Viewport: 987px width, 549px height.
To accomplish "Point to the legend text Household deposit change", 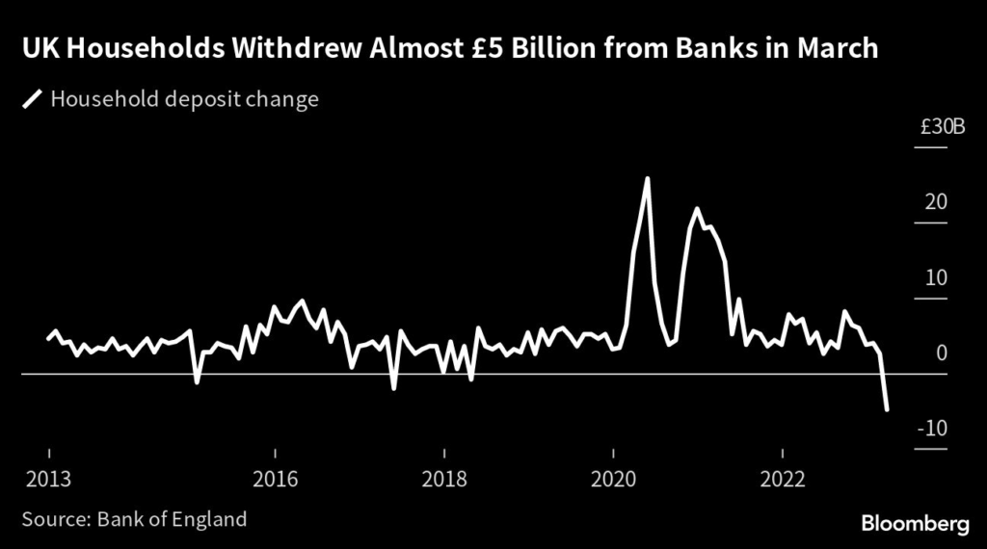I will coord(183,99).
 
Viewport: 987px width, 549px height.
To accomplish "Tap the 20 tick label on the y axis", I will coord(938,202).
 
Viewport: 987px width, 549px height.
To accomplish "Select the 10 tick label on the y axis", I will coord(938,278).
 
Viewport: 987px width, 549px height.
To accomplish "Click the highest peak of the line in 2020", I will coord(647,178).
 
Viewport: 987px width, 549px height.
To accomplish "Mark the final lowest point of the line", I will coord(886,410).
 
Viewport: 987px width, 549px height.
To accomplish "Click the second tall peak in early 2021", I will coord(696,209).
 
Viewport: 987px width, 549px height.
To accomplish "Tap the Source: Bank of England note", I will coord(135,519).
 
